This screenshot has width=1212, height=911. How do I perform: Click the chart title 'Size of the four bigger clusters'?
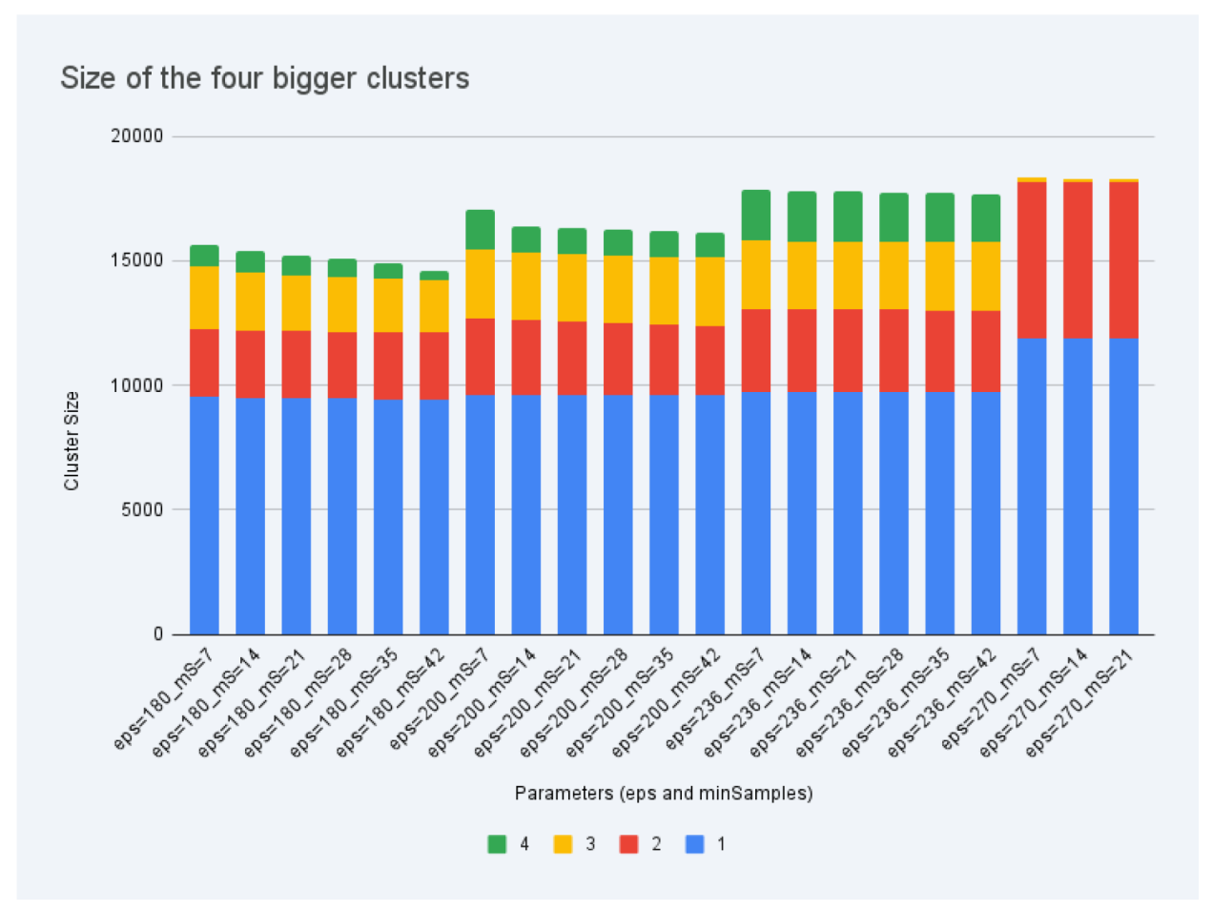pyautogui.click(x=264, y=78)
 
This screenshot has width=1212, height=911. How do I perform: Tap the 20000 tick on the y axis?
pyautogui.click(x=137, y=135)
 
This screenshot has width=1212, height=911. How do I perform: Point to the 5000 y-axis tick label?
pyautogui.click(x=142, y=509)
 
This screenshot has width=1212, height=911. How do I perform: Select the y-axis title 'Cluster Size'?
pyautogui.click(x=72, y=441)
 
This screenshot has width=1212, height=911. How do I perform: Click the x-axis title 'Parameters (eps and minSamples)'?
pyautogui.click(x=663, y=794)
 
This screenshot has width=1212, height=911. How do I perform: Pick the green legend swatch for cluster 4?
pyautogui.click(x=497, y=844)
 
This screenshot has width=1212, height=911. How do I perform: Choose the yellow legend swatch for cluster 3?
pyautogui.click(x=563, y=844)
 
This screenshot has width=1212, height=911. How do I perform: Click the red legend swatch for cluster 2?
pyautogui.click(x=628, y=844)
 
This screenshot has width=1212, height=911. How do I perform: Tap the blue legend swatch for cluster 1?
pyautogui.click(x=694, y=844)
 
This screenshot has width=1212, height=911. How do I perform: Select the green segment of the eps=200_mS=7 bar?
pyautogui.click(x=480, y=230)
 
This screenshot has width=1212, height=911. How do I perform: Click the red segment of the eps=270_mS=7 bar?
pyautogui.click(x=1032, y=260)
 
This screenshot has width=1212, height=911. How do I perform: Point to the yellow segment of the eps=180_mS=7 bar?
pyautogui.click(x=204, y=298)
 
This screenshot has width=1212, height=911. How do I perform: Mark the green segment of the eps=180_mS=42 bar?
pyautogui.click(x=434, y=276)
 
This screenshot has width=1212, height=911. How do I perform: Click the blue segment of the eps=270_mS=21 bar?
pyautogui.click(x=1123, y=487)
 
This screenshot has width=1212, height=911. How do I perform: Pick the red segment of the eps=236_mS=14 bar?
pyautogui.click(x=802, y=351)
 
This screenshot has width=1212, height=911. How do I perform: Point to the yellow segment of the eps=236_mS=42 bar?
pyautogui.click(x=986, y=276)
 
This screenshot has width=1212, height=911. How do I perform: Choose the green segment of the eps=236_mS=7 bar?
pyautogui.click(x=756, y=216)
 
